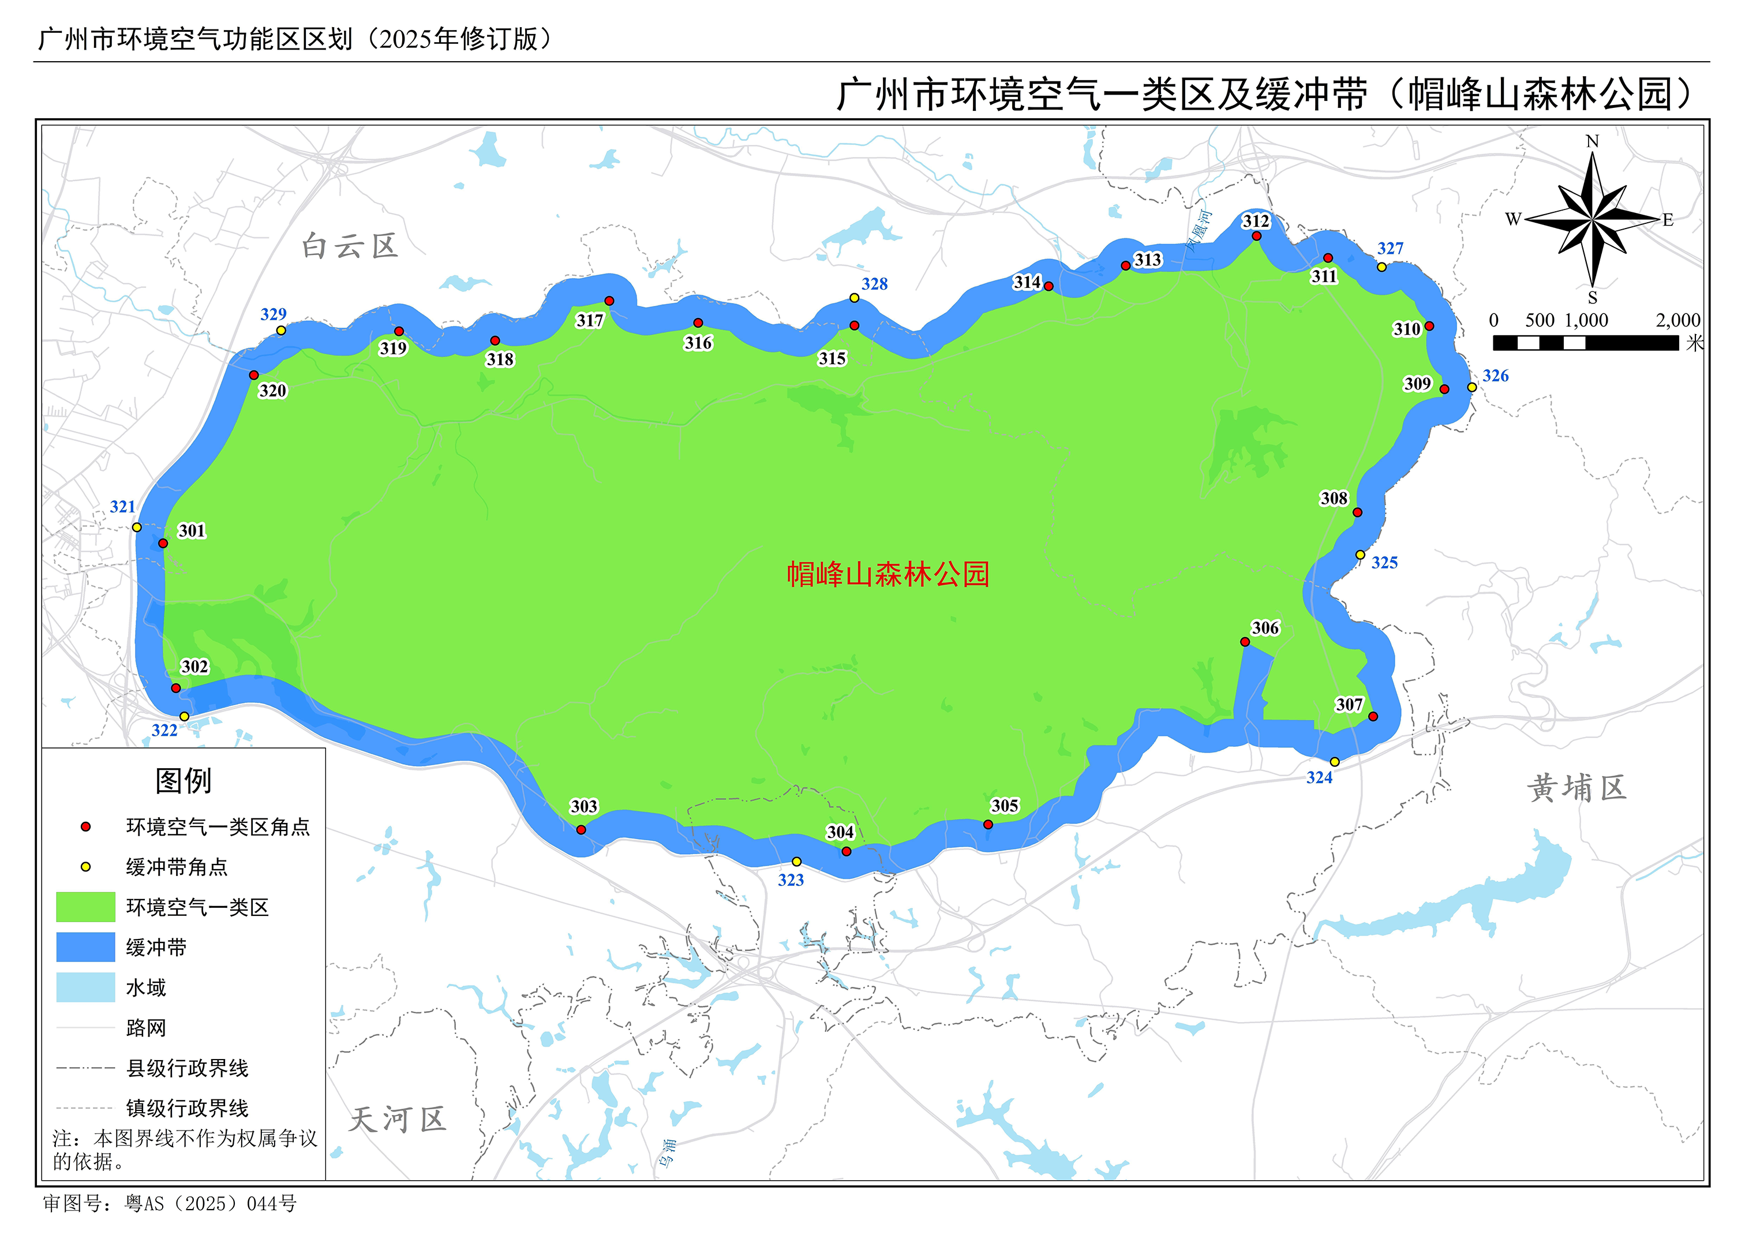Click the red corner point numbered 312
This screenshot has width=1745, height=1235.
1256,235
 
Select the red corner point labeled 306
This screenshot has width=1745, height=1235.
1245,642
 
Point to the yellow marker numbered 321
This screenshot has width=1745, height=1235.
137,527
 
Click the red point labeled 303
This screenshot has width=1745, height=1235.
581,830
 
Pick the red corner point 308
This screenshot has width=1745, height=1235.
1357,512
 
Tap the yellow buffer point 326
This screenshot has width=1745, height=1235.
1472,387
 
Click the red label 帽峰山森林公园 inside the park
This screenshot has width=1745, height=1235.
888,574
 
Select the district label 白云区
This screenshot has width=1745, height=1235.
350,246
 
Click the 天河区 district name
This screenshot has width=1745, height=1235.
397,1120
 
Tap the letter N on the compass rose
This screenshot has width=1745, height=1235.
1592,141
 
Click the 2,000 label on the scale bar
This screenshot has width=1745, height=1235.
1677,320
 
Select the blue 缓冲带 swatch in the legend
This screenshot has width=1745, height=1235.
86,948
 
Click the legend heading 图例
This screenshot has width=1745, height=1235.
184,781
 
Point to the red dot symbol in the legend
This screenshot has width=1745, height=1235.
86,826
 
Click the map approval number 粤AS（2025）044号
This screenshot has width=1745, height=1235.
211,1204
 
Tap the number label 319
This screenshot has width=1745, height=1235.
393,349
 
